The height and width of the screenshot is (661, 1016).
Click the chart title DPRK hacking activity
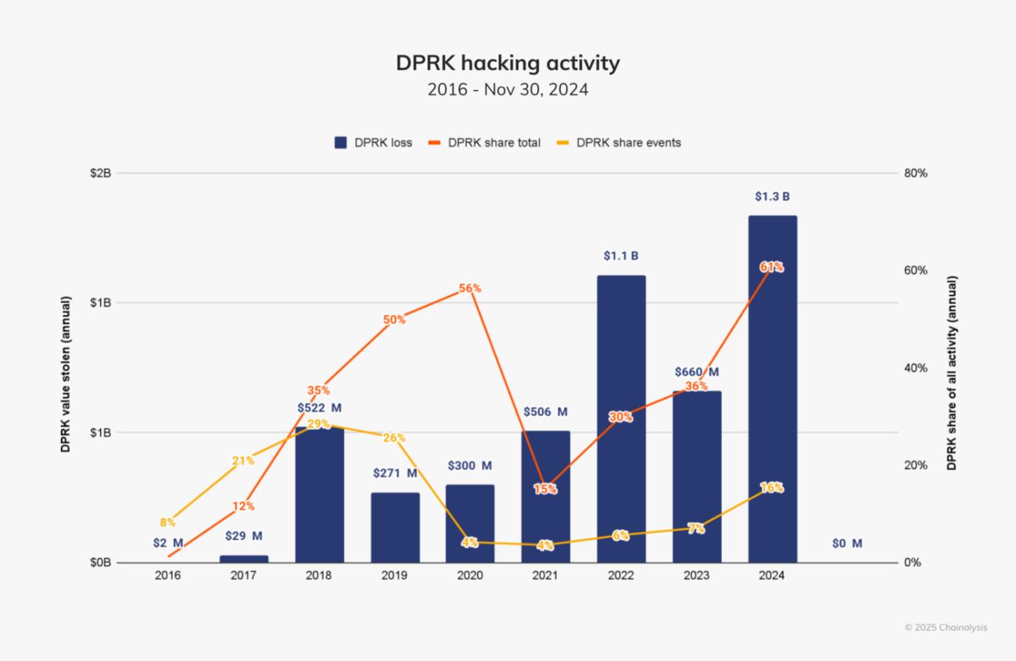pyautogui.click(x=507, y=63)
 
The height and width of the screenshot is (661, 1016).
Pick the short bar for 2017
pyautogui.click(x=244, y=559)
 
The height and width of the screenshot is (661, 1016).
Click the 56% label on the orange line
pyautogui.click(x=470, y=288)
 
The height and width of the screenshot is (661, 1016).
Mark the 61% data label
pyautogui.click(x=771, y=267)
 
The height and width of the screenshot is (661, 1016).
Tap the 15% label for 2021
pyautogui.click(x=545, y=489)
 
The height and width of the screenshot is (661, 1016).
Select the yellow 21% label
pyautogui.click(x=243, y=461)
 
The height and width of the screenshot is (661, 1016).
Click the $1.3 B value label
pyautogui.click(x=772, y=197)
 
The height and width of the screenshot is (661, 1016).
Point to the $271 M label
pyautogui.click(x=395, y=474)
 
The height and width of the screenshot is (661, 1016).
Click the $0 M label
pyautogui.click(x=847, y=543)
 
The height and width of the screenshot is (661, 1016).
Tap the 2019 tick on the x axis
pyautogui.click(x=394, y=575)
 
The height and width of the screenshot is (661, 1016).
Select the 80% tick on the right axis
pyautogui.click(x=916, y=174)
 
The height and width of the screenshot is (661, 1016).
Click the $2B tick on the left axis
pyautogui.click(x=100, y=174)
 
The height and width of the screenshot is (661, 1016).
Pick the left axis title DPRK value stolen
pyautogui.click(x=66, y=374)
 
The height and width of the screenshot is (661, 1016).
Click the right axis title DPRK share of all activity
pyautogui.click(x=951, y=373)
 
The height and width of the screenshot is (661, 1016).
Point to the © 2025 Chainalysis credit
pyautogui.click(x=946, y=628)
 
